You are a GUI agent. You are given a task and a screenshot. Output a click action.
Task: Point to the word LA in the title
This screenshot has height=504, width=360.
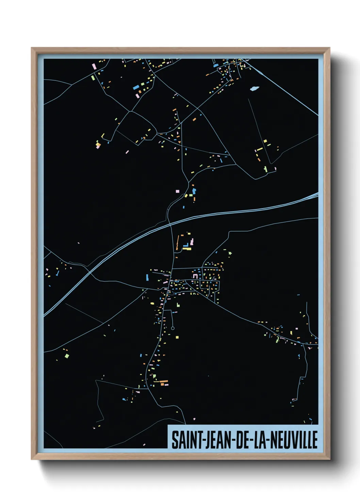[x=258, y=440]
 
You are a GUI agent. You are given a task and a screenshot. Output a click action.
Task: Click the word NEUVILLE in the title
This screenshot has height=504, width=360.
[x=294, y=440]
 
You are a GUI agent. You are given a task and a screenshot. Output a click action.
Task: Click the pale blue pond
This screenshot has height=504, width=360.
[x=254, y=89]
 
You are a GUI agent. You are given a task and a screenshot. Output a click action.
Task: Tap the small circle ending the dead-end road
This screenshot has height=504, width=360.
[x=173, y=328]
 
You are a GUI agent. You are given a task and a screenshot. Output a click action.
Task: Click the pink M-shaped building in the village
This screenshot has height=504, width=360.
[x=195, y=275]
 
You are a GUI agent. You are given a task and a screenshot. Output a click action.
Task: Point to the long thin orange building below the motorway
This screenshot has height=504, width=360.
[x=177, y=242]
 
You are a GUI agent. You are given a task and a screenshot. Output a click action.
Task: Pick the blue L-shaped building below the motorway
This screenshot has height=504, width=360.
[x=186, y=245]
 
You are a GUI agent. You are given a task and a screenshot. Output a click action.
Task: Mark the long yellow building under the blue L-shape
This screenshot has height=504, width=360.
[x=187, y=249]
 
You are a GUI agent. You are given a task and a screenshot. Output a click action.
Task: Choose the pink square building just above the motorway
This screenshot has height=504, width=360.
[x=177, y=191]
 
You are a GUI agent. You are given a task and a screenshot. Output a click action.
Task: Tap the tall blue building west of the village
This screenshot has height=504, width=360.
[x=147, y=277]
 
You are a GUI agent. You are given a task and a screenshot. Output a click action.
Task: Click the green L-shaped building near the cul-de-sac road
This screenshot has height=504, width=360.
[x=178, y=304]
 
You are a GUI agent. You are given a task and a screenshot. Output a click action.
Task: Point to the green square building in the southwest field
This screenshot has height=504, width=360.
[x=67, y=356]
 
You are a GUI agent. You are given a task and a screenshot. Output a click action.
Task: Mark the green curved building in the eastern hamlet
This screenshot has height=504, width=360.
[x=277, y=339]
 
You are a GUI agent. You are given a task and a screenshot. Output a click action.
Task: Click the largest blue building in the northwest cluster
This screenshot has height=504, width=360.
[x=136, y=87]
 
